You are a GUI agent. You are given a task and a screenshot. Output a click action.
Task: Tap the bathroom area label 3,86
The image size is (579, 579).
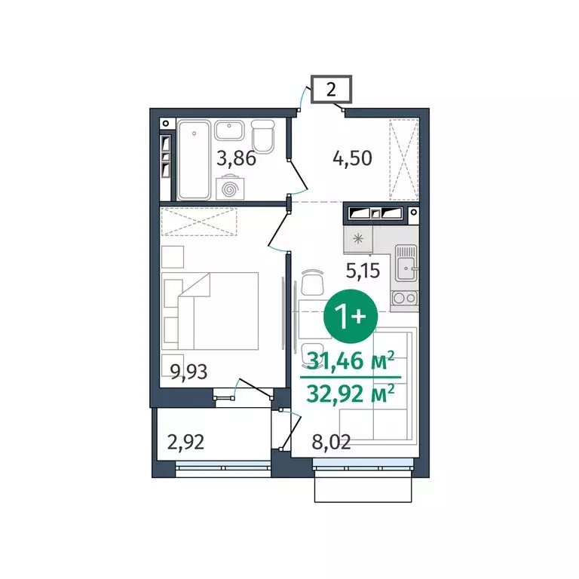tap(236, 159)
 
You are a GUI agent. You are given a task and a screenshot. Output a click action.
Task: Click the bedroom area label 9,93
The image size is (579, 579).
tap(188, 370)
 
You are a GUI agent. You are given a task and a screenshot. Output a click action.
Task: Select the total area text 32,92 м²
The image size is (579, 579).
tap(351, 394)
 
